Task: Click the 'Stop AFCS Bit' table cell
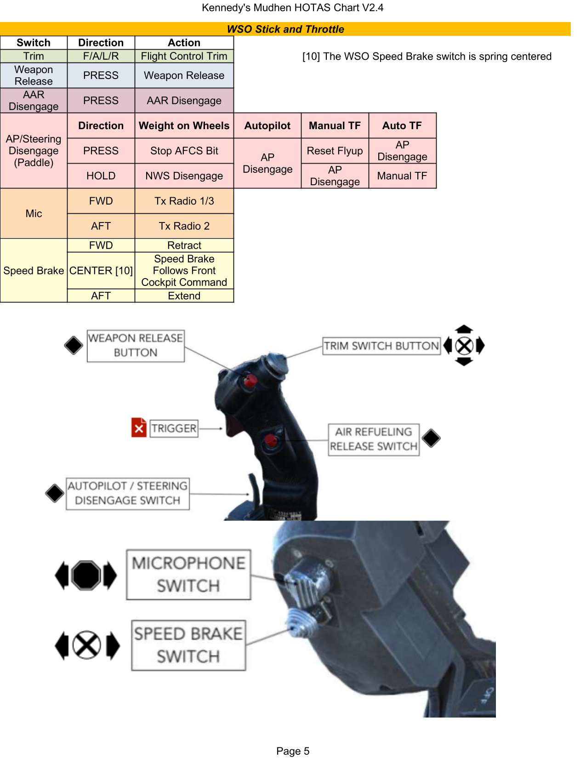[184, 151]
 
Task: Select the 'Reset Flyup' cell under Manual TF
[335, 151]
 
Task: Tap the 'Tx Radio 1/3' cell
[184, 201]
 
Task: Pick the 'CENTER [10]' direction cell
[101, 270]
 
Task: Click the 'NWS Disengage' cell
[184, 176]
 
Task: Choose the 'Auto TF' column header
[402, 125]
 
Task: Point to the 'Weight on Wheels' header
[184, 125]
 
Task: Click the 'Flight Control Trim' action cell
[184, 56]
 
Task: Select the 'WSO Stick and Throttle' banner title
[285, 29]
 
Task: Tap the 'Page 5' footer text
[293, 751]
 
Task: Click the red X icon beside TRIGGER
[139, 427]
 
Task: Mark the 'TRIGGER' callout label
[174, 428]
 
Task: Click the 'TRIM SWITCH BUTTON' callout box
[381, 346]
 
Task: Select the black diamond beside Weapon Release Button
[74, 345]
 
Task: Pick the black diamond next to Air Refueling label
[431, 438]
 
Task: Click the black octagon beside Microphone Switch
[86, 575]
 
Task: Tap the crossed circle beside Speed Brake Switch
[86, 645]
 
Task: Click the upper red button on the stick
[250, 381]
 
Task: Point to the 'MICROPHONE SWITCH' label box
[188, 575]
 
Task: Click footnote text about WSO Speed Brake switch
[427, 56]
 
